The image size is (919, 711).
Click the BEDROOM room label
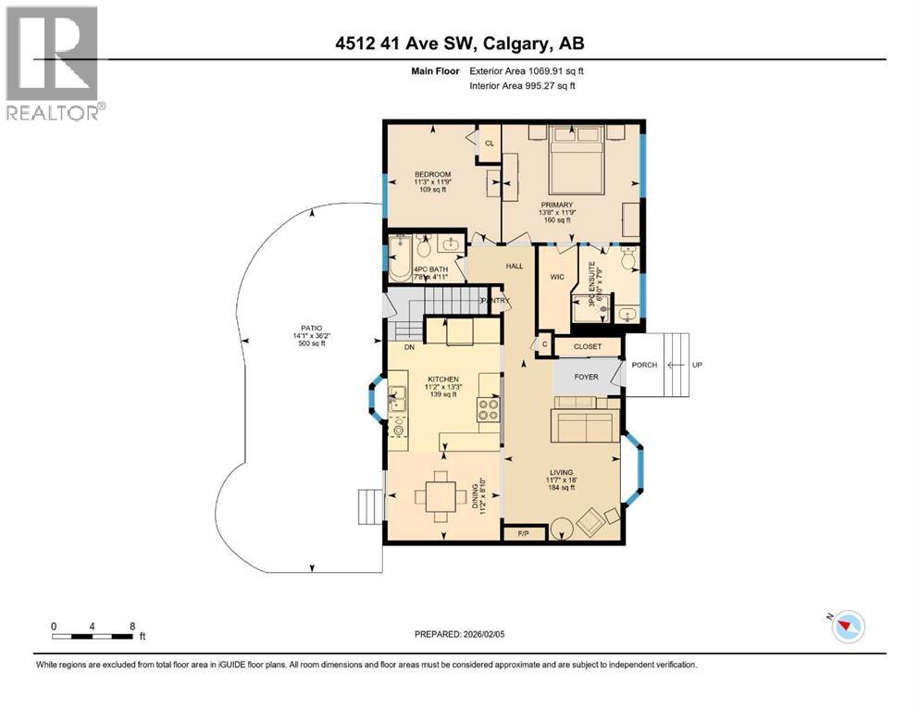pos(432,175)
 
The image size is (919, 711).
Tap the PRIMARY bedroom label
pos(558,205)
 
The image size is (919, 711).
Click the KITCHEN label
pos(442,380)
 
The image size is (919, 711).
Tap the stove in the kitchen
pos(488,409)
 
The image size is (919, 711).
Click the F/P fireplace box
pos(522,533)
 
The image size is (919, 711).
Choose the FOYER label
pos(586,377)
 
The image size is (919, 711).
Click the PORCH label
pos(644,365)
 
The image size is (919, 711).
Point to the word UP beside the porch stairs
pos(699,365)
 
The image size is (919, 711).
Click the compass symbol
pos(848,627)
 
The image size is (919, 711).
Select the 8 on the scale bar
pos(133,626)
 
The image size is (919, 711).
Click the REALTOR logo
pos(52,63)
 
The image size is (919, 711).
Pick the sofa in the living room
pos(585,426)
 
